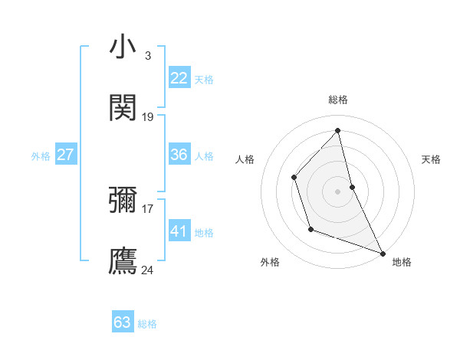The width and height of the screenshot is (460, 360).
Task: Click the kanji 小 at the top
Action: (123, 47)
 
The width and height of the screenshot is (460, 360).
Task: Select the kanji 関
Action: (123, 108)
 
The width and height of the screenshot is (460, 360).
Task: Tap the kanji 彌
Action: (123, 200)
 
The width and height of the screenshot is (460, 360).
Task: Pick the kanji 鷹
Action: (123, 261)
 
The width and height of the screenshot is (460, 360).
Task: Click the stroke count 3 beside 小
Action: (147, 55)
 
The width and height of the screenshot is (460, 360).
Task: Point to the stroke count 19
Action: (148, 116)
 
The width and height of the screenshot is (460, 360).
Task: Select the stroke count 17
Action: (148, 208)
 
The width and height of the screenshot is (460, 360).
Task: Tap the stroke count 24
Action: (148, 270)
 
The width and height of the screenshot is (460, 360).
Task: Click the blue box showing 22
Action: (179, 78)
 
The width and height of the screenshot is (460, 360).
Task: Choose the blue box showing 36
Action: (179, 155)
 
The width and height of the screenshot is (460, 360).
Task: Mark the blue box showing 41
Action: (179, 231)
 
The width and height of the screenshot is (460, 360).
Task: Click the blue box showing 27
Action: (65, 155)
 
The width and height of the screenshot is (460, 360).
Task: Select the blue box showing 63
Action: (123, 322)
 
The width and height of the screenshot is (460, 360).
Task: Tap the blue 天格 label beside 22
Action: (204, 79)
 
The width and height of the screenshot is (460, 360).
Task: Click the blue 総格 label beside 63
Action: (147, 324)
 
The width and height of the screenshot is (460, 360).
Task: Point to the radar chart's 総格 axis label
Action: (338, 100)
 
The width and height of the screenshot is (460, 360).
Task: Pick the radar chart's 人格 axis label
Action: (245, 159)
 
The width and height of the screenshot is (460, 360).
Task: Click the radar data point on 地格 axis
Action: (382, 253)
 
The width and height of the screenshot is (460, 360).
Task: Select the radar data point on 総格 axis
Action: (338, 131)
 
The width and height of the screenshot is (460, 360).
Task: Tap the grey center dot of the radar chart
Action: (338, 191)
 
